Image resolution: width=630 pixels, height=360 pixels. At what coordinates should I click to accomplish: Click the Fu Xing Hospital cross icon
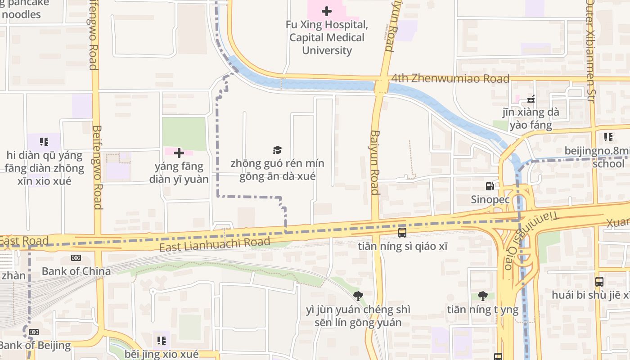pyautogui.click(x=327, y=11)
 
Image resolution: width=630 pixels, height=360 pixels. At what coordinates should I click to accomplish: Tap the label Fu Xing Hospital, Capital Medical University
pyautogui.click(x=327, y=37)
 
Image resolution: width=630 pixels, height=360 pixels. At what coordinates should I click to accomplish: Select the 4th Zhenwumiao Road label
pyautogui.click(x=450, y=79)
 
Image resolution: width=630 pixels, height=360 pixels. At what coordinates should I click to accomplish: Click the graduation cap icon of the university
pyautogui.click(x=277, y=150)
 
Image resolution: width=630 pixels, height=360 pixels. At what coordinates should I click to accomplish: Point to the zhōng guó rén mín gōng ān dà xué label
pyautogui.click(x=277, y=170)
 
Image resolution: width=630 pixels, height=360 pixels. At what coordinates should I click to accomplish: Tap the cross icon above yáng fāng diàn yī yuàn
pyautogui.click(x=179, y=153)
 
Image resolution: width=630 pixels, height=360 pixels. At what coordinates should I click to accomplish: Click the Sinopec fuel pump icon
pyautogui.click(x=490, y=186)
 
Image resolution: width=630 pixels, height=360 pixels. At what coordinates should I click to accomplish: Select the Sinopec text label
pyautogui.click(x=490, y=199)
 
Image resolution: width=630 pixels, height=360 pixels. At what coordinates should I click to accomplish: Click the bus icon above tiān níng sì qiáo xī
pyautogui.click(x=402, y=233)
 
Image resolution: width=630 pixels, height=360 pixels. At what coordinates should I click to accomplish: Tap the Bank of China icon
pyautogui.click(x=76, y=258)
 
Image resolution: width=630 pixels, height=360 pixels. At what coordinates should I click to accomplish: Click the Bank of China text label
pyautogui.click(x=76, y=271)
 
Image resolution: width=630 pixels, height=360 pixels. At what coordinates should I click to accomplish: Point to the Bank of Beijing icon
pyautogui.click(x=34, y=332)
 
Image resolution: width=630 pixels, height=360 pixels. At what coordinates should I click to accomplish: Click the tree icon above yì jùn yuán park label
pyautogui.click(x=358, y=296)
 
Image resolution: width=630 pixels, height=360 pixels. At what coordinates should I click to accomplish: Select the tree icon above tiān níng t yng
pyautogui.click(x=483, y=296)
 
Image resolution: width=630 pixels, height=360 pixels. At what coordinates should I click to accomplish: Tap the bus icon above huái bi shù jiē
pyautogui.click(x=599, y=282)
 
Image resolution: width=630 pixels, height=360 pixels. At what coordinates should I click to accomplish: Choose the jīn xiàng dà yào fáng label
pyautogui.click(x=531, y=118)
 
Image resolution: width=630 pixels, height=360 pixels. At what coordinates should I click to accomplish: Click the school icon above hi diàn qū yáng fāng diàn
pyautogui.click(x=44, y=142)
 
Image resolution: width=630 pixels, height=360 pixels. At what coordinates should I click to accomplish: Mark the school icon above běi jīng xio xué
pyautogui.click(x=162, y=341)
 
